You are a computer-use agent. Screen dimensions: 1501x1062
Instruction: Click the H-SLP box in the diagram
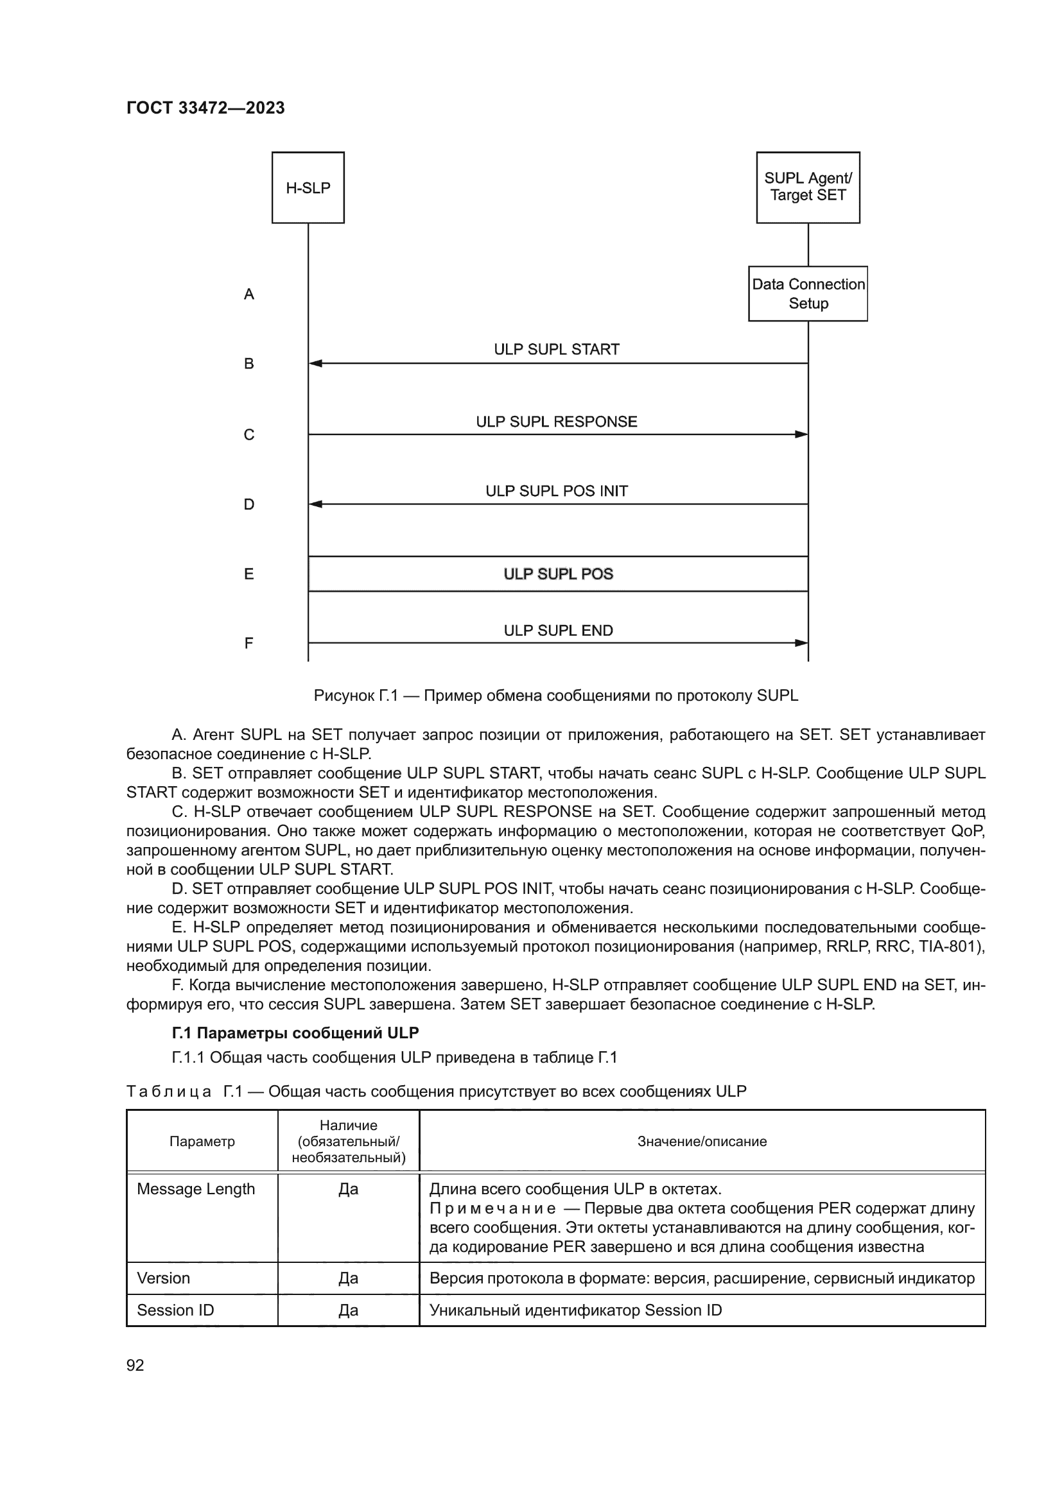[x=308, y=187]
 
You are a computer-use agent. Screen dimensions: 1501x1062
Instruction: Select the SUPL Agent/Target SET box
[x=808, y=187]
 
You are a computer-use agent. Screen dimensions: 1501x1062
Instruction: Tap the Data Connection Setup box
[x=808, y=293]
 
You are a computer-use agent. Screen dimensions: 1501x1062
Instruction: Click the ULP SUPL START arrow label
[x=557, y=349]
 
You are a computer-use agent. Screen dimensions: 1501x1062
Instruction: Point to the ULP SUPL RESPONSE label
[x=557, y=422]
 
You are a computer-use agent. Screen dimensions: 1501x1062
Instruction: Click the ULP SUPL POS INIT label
[x=557, y=491]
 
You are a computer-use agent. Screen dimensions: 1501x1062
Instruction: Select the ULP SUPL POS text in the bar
[x=558, y=574]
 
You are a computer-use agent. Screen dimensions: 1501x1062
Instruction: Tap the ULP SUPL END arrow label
[x=558, y=630]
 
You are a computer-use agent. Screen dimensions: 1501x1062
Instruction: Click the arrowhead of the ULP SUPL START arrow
[x=315, y=363]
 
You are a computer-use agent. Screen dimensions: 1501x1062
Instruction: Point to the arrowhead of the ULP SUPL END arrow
[x=801, y=642]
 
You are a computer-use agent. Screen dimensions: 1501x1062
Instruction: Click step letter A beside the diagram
[x=248, y=294]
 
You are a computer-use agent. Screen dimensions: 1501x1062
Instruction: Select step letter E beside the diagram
[x=248, y=574]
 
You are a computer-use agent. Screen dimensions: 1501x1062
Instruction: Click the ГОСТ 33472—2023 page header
[x=205, y=108]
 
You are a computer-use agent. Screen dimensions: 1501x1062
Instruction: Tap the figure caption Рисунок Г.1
[x=556, y=695]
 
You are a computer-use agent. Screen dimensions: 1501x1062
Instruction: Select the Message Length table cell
[x=196, y=1188]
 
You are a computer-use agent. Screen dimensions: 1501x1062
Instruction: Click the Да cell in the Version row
[x=348, y=1278]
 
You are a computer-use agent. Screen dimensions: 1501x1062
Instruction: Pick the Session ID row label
[x=175, y=1310]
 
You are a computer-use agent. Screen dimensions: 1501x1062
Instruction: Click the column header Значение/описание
[x=702, y=1141]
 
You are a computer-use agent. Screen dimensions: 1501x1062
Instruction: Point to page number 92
[x=135, y=1364]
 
